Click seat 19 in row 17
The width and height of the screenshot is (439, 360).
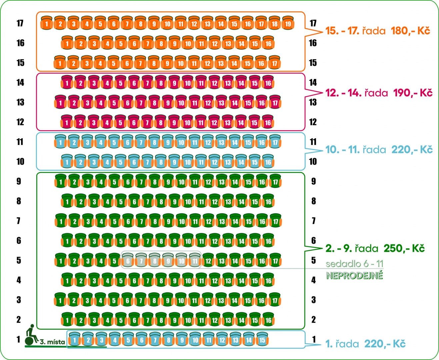coord(288,24)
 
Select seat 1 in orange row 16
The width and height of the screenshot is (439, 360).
coord(67,44)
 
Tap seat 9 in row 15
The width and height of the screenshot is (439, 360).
coord(167,63)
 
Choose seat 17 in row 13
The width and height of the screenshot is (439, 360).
coord(275,103)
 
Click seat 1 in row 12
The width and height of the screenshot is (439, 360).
coord(67,123)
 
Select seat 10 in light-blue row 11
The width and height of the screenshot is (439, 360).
coord(181,143)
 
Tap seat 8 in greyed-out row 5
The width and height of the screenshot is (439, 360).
coord(155,261)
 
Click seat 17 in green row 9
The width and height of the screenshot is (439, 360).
coord(275,182)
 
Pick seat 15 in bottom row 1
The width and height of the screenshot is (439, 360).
coord(262,340)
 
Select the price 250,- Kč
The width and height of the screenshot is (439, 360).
coord(404,248)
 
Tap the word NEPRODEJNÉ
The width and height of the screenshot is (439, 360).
coord(354,276)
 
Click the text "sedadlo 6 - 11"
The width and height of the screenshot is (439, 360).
coord(354,264)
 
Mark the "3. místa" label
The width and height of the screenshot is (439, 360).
coord(52,342)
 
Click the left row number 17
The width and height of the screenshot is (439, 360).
coord(20,23)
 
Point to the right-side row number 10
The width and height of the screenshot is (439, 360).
coord(313,162)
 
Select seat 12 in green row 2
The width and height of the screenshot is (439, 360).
coord(215,320)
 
